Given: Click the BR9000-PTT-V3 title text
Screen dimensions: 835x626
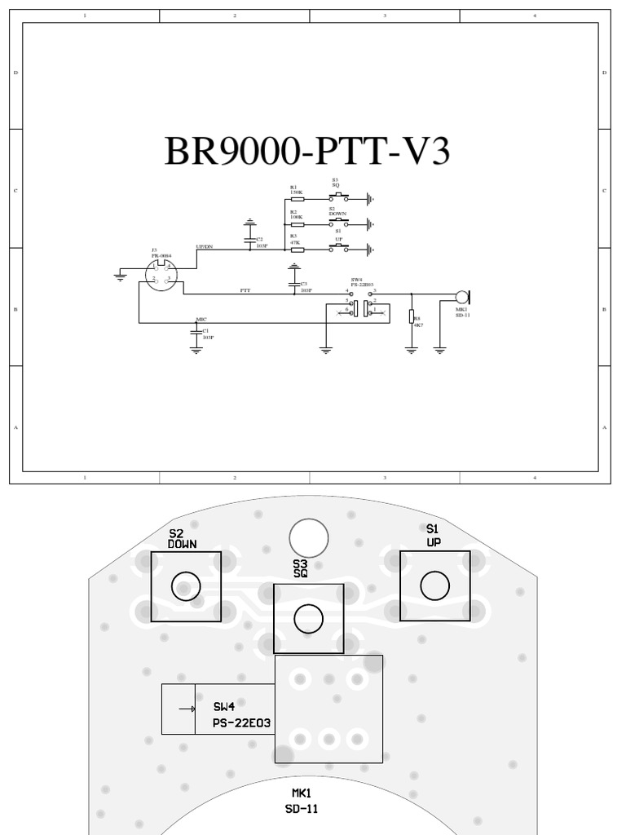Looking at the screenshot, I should (306, 152).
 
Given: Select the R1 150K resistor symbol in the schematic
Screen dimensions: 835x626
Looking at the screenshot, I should (298, 198).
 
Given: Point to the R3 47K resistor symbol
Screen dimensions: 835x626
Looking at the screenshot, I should (298, 250).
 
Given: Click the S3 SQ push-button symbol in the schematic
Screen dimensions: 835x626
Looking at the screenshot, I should (338, 197).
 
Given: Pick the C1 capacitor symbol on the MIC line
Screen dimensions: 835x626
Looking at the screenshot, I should (196, 332).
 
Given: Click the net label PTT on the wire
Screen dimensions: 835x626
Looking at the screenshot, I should (245, 290).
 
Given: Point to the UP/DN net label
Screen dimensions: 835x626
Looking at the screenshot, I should (205, 246).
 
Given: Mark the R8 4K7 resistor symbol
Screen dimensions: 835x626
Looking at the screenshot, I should (412, 317).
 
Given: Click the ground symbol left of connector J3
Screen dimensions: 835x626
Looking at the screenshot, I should (121, 277).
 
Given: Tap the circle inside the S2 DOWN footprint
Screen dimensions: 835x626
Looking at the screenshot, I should (186, 585).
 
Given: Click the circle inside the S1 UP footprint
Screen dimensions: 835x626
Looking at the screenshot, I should (434, 585).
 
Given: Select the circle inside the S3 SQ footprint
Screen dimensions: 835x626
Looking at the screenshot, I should (308, 619).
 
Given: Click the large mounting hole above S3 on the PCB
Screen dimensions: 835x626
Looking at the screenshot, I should (309, 539).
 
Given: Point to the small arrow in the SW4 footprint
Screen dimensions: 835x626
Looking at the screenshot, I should (192, 709).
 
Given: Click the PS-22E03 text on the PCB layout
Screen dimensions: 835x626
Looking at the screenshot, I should (242, 723).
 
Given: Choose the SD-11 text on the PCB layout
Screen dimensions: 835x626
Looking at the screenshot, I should (302, 809).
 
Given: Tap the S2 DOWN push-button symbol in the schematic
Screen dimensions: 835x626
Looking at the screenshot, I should (338, 223).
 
